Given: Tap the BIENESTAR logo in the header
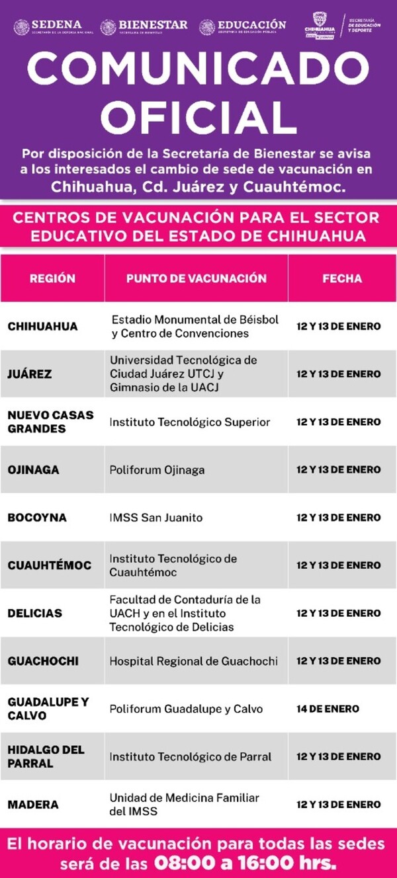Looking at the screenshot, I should tap(144, 26).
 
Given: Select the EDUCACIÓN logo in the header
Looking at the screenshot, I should tap(243, 26).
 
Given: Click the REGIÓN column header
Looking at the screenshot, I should tap(52, 278).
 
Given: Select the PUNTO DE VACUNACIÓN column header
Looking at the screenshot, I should tap(197, 278).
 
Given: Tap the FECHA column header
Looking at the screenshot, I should tap(342, 278).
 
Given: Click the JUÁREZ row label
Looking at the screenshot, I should tap(30, 374).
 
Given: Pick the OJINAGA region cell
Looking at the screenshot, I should tap(33, 470).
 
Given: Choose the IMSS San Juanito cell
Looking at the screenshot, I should tap(156, 518).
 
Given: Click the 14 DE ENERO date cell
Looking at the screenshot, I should tap(328, 709).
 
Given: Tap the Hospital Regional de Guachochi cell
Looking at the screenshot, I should tap(193, 661).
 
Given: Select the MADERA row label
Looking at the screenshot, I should tap(33, 805).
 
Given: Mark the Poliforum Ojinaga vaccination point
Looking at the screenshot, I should tap(157, 470).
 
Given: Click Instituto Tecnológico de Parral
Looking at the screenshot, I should tap(191, 756).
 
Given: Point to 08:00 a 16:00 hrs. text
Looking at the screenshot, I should tap(245, 863).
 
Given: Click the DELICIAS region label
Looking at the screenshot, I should tap(34, 614).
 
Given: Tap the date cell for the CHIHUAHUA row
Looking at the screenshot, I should tap(338, 327).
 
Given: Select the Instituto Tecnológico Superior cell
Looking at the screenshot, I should tap(190, 422).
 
